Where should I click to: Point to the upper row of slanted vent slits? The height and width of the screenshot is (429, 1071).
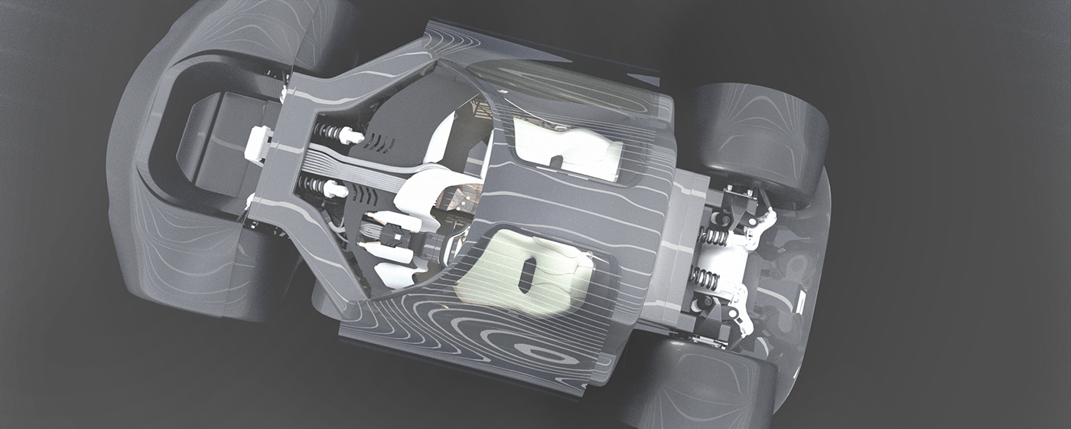379,142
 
